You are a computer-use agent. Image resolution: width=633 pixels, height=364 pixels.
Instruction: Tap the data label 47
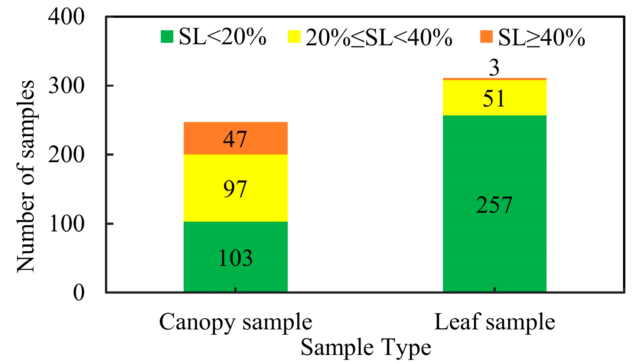pyautogui.click(x=235, y=139)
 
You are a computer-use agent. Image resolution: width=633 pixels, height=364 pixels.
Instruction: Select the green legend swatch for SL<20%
pyautogui.click(x=167, y=37)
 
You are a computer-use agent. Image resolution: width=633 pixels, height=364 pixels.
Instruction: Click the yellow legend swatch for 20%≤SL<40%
pyautogui.click(x=294, y=37)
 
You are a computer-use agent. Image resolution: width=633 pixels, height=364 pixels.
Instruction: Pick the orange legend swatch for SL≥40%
pyautogui.click(x=486, y=37)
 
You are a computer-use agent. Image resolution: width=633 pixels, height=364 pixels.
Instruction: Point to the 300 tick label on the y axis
pyautogui.click(x=66, y=86)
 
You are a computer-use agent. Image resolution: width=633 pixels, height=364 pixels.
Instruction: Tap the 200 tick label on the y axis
pyautogui.click(x=66, y=155)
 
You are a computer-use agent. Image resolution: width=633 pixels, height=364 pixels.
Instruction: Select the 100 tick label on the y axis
pyautogui.click(x=66, y=224)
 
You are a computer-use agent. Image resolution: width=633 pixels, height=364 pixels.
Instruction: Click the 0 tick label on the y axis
pyautogui.click(x=78, y=293)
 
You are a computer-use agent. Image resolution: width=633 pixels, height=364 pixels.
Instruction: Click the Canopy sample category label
pyautogui.click(x=235, y=322)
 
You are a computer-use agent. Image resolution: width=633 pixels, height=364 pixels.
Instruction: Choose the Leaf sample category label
pyautogui.click(x=494, y=322)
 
